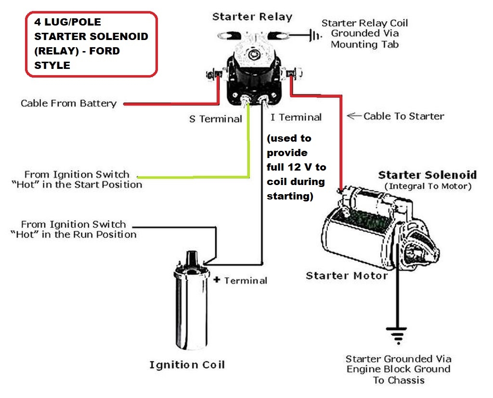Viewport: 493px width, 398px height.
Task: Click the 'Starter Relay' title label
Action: pos(252,17)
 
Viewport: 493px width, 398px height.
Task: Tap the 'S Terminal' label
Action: pos(215,119)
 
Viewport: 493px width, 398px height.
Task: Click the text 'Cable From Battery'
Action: pos(68,103)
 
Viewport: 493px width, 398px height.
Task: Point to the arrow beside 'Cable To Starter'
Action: pos(354,116)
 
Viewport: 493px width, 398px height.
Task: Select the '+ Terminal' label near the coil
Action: pos(241,280)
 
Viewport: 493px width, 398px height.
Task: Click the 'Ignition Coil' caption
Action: pos(187,365)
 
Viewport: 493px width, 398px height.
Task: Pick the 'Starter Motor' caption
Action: pos(346,276)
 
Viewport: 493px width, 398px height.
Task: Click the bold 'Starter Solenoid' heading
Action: pos(427,174)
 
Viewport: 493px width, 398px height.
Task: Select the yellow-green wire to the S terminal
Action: pos(248,145)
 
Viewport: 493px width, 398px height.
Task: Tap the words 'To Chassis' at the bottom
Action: pos(399,380)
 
